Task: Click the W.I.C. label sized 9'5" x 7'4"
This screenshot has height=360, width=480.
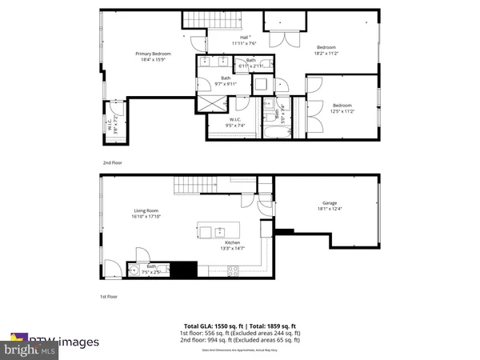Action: tap(219, 121)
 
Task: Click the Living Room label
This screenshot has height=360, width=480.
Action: tap(146, 214)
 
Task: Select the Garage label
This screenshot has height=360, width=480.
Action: tap(319, 206)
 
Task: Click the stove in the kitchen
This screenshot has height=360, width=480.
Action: tap(232, 270)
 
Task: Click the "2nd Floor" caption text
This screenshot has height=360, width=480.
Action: tap(112, 162)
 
